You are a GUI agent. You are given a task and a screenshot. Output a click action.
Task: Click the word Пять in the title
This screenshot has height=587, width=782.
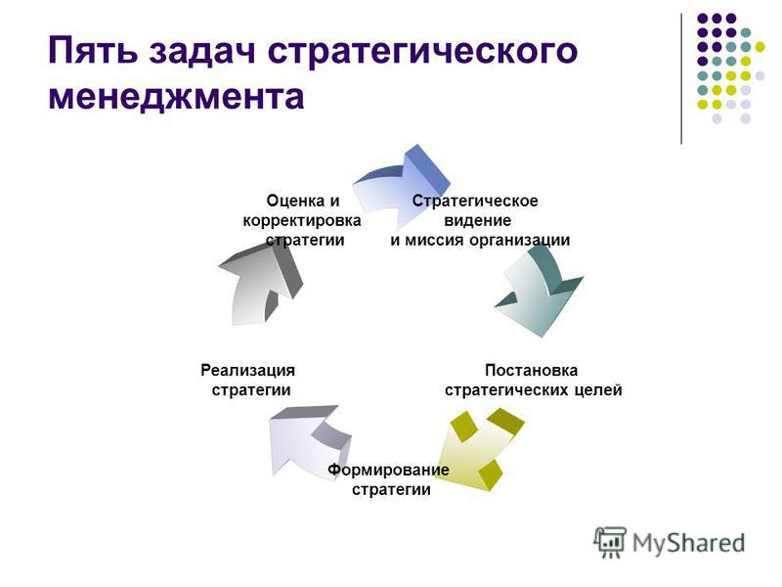tap(93, 51)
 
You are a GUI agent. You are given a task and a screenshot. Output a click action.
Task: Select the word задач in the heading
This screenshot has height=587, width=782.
tap(202, 51)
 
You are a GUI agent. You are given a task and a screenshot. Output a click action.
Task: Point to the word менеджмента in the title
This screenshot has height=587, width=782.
tap(176, 97)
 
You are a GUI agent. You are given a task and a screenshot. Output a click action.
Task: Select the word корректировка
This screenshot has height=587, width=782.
tap(302, 221)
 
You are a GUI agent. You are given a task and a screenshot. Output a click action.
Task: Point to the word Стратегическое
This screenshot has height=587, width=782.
tap(475, 201)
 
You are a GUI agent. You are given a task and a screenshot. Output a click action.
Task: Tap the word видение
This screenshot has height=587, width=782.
tap(478, 220)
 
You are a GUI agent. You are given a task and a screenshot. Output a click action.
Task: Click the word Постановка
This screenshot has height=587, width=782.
tap(531, 371)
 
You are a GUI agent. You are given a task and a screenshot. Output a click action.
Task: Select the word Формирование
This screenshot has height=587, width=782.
tap(388, 470)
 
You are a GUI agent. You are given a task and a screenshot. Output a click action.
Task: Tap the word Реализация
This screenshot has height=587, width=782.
tap(248, 371)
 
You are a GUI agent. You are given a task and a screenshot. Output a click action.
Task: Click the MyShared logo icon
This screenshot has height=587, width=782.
tap(609, 542)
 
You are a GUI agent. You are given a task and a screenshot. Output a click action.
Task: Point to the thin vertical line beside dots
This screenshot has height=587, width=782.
tap(681, 79)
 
